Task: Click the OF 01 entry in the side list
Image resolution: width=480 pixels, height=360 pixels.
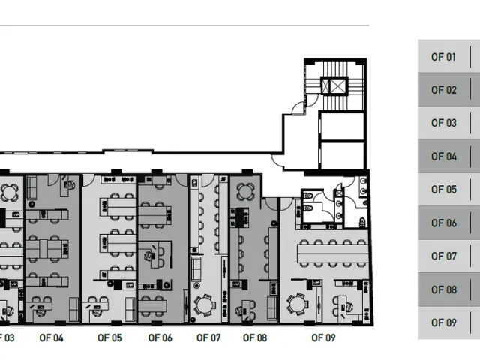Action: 443,57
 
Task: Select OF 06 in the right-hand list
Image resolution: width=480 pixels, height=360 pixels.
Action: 443,223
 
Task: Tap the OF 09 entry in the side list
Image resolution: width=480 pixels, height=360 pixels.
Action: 443,322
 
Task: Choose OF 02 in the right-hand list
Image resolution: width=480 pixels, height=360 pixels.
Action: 443,90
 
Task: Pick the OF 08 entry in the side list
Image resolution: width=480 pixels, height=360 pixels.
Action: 443,289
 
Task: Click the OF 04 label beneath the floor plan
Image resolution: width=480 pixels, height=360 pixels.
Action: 51,337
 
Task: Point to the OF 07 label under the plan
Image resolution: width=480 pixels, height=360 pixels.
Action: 208,337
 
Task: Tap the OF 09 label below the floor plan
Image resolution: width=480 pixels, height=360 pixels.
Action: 323,337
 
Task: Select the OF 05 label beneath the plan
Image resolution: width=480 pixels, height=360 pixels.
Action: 109,337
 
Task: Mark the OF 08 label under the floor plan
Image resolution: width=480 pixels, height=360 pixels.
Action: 255,337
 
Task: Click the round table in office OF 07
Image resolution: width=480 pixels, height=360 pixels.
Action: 204,305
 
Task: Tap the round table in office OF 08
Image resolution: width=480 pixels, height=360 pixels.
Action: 245,192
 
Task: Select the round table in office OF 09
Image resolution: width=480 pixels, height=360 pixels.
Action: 297,304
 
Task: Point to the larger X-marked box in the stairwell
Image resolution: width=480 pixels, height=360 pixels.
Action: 337,85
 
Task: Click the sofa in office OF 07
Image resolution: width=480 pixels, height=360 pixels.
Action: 196,268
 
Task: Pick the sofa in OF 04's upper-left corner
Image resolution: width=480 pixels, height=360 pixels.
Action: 31,188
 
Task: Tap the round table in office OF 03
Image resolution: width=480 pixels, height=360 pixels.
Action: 9,193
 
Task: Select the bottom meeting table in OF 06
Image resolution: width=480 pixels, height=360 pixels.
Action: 153,305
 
